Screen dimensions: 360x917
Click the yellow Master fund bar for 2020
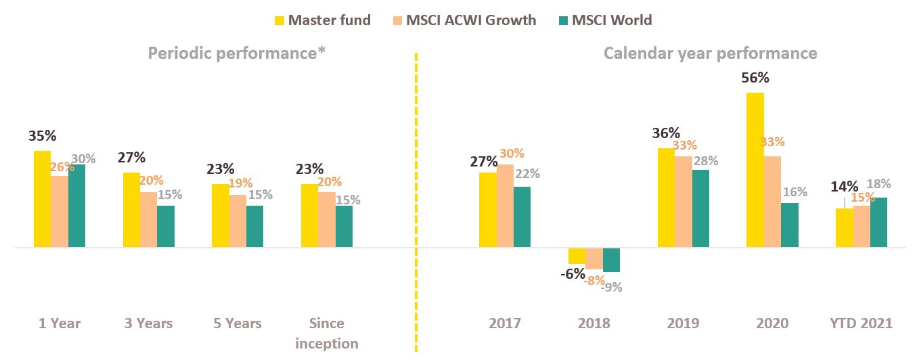[x=755, y=170]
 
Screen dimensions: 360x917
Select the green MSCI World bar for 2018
[x=611, y=260]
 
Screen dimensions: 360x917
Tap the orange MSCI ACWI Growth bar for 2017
[x=505, y=206]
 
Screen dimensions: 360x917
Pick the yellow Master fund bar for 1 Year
[x=42, y=199]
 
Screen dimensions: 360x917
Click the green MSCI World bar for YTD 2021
[x=878, y=223]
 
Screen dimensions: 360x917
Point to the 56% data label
[x=755, y=78]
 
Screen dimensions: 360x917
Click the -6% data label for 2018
[x=573, y=273]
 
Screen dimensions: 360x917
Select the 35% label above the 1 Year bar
[x=42, y=136]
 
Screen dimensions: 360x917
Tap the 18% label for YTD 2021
[x=879, y=184]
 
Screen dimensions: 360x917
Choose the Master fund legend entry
[x=321, y=20]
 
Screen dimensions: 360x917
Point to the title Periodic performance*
[x=238, y=53]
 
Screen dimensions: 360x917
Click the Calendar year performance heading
[x=710, y=53]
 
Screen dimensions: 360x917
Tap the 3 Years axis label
[x=148, y=323]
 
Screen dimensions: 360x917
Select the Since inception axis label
[x=327, y=333]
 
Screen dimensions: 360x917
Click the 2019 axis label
[x=683, y=323]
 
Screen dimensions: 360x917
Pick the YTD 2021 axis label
[x=861, y=323]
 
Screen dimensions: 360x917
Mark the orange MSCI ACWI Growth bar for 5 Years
[x=238, y=221]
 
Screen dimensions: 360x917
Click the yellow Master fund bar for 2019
[x=666, y=198]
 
